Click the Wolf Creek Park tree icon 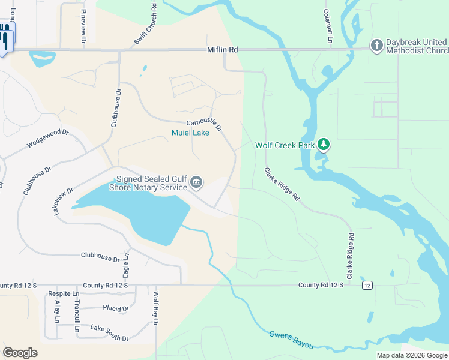click(x=324, y=144)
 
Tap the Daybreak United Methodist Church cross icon click(x=376, y=46)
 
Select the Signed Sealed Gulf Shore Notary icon click(x=196, y=182)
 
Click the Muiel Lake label click(x=190, y=133)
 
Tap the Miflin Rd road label click(x=222, y=50)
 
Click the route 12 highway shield click(x=367, y=285)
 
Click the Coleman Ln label click(x=328, y=25)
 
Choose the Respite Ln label click(x=63, y=294)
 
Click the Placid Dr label click(x=116, y=309)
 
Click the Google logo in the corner click(x=20, y=353)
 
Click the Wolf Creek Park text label click(x=284, y=145)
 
